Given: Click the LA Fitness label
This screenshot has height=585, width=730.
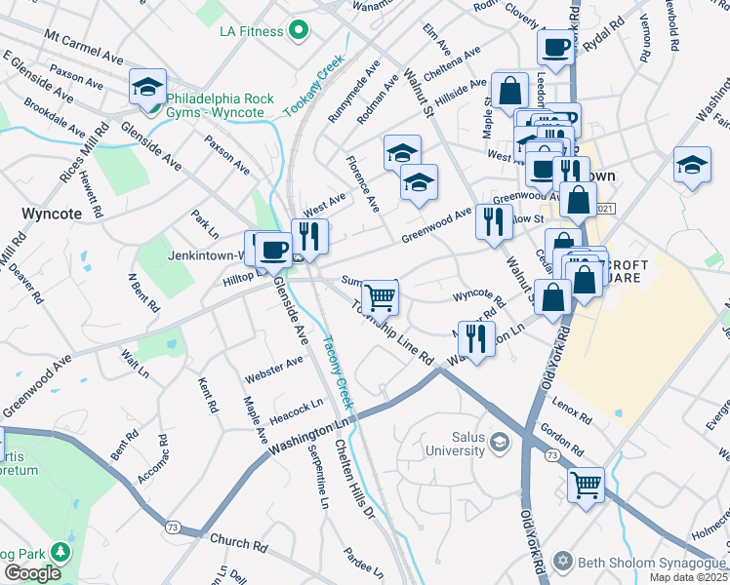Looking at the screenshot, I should click(x=251, y=31).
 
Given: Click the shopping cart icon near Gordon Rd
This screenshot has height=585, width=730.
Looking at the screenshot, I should click(x=585, y=482).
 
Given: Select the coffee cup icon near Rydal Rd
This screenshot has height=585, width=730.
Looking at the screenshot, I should click(x=555, y=46).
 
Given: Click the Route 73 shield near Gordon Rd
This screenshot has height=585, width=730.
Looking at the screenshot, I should click(x=552, y=456).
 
